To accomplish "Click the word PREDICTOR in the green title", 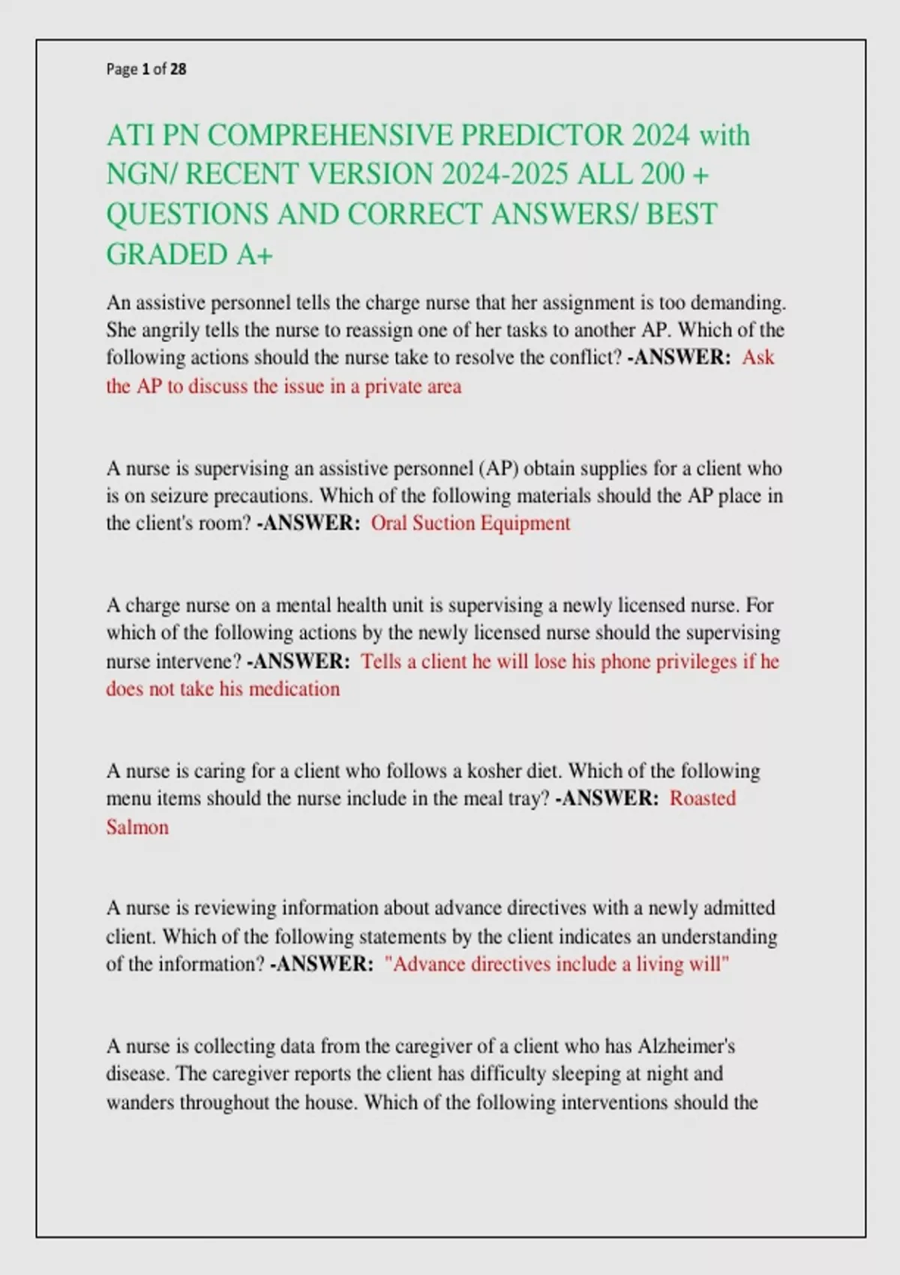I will tap(542, 136).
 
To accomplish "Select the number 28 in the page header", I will tap(178, 70).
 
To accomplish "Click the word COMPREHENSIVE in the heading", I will tap(330, 136).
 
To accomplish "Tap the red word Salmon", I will tap(137, 827).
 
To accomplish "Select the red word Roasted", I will tap(702, 798).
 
